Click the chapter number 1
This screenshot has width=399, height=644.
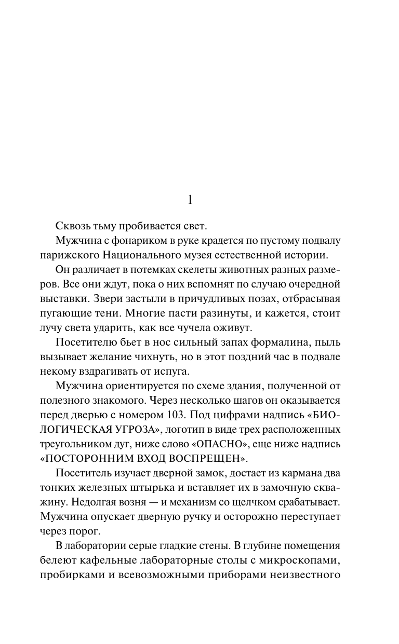point(190,200)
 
